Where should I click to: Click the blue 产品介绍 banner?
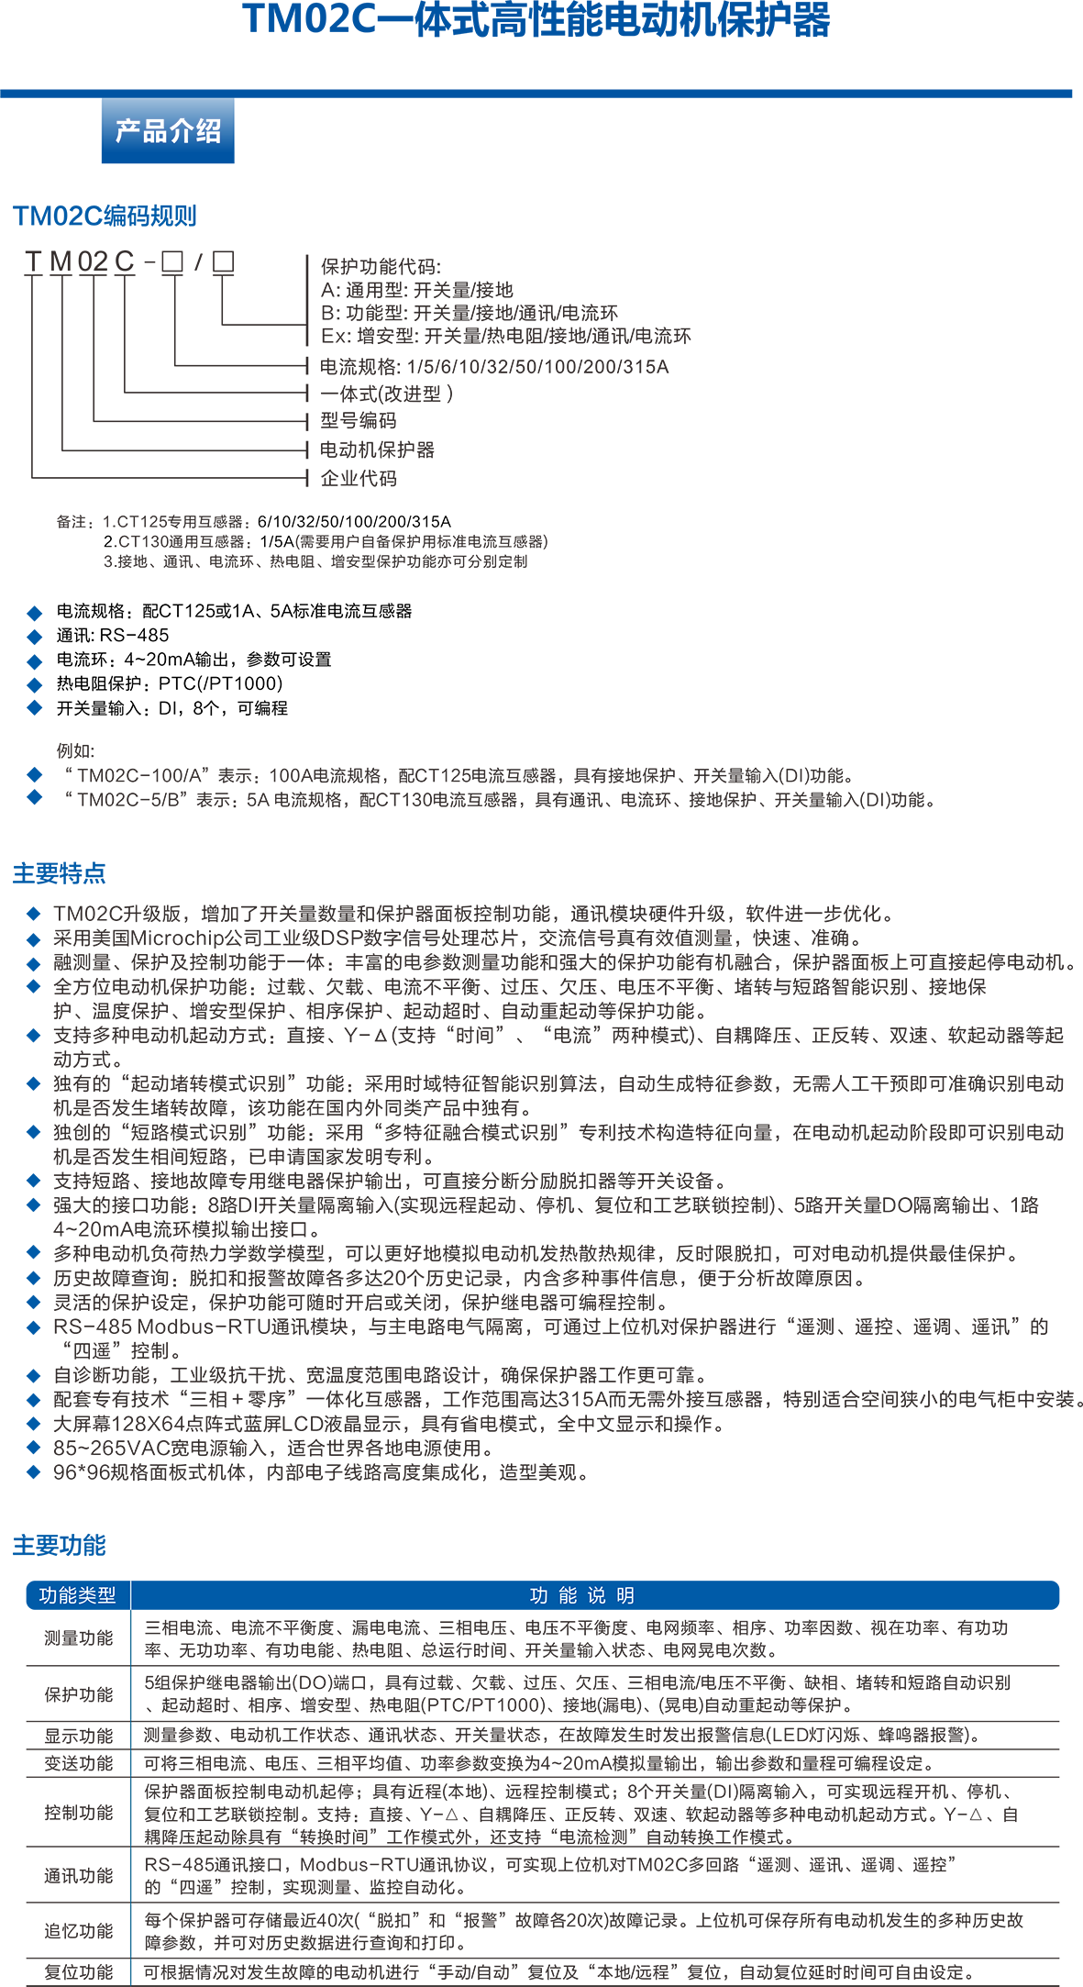pyautogui.click(x=168, y=130)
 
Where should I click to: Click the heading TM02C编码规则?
pyautogui.click(x=105, y=216)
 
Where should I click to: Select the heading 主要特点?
pyautogui.click(x=60, y=873)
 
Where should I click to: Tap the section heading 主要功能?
pyautogui.click(x=60, y=1546)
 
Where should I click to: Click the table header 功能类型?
pyautogui.click(x=78, y=1595)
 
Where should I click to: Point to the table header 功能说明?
pyautogui.click(x=582, y=1595)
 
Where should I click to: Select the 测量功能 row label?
pyautogui.click(x=79, y=1638)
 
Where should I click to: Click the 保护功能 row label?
pyautogui.click(x=79, y=1694)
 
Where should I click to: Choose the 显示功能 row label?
pyautogui.click(x=79, y=1736)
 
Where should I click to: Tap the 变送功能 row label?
pyautogui.click(x=79, y=1763)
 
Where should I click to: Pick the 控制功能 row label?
pyautogui.click(x=79, y=1813)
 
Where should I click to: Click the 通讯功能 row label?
pyautogui.click(x=79, y=1876)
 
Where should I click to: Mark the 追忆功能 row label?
pyautogui.click(x=79, y=1931)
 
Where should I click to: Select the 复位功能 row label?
pyautogui.click(x=79, y=1972)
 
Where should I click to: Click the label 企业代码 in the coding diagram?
pyautogui.click(x=359, y=478)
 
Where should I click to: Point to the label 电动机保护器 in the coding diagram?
pyautogui.click(x=377, y=450)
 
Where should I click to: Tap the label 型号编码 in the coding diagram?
pyautogui.click(x=359, y=420)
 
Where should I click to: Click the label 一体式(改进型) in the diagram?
pyautogui.click(x=386, y=394)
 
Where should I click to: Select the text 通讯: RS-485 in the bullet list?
pyautogui.click(x=113, y=635)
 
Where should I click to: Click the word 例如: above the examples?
pyautogui.click(x=75, y=750)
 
